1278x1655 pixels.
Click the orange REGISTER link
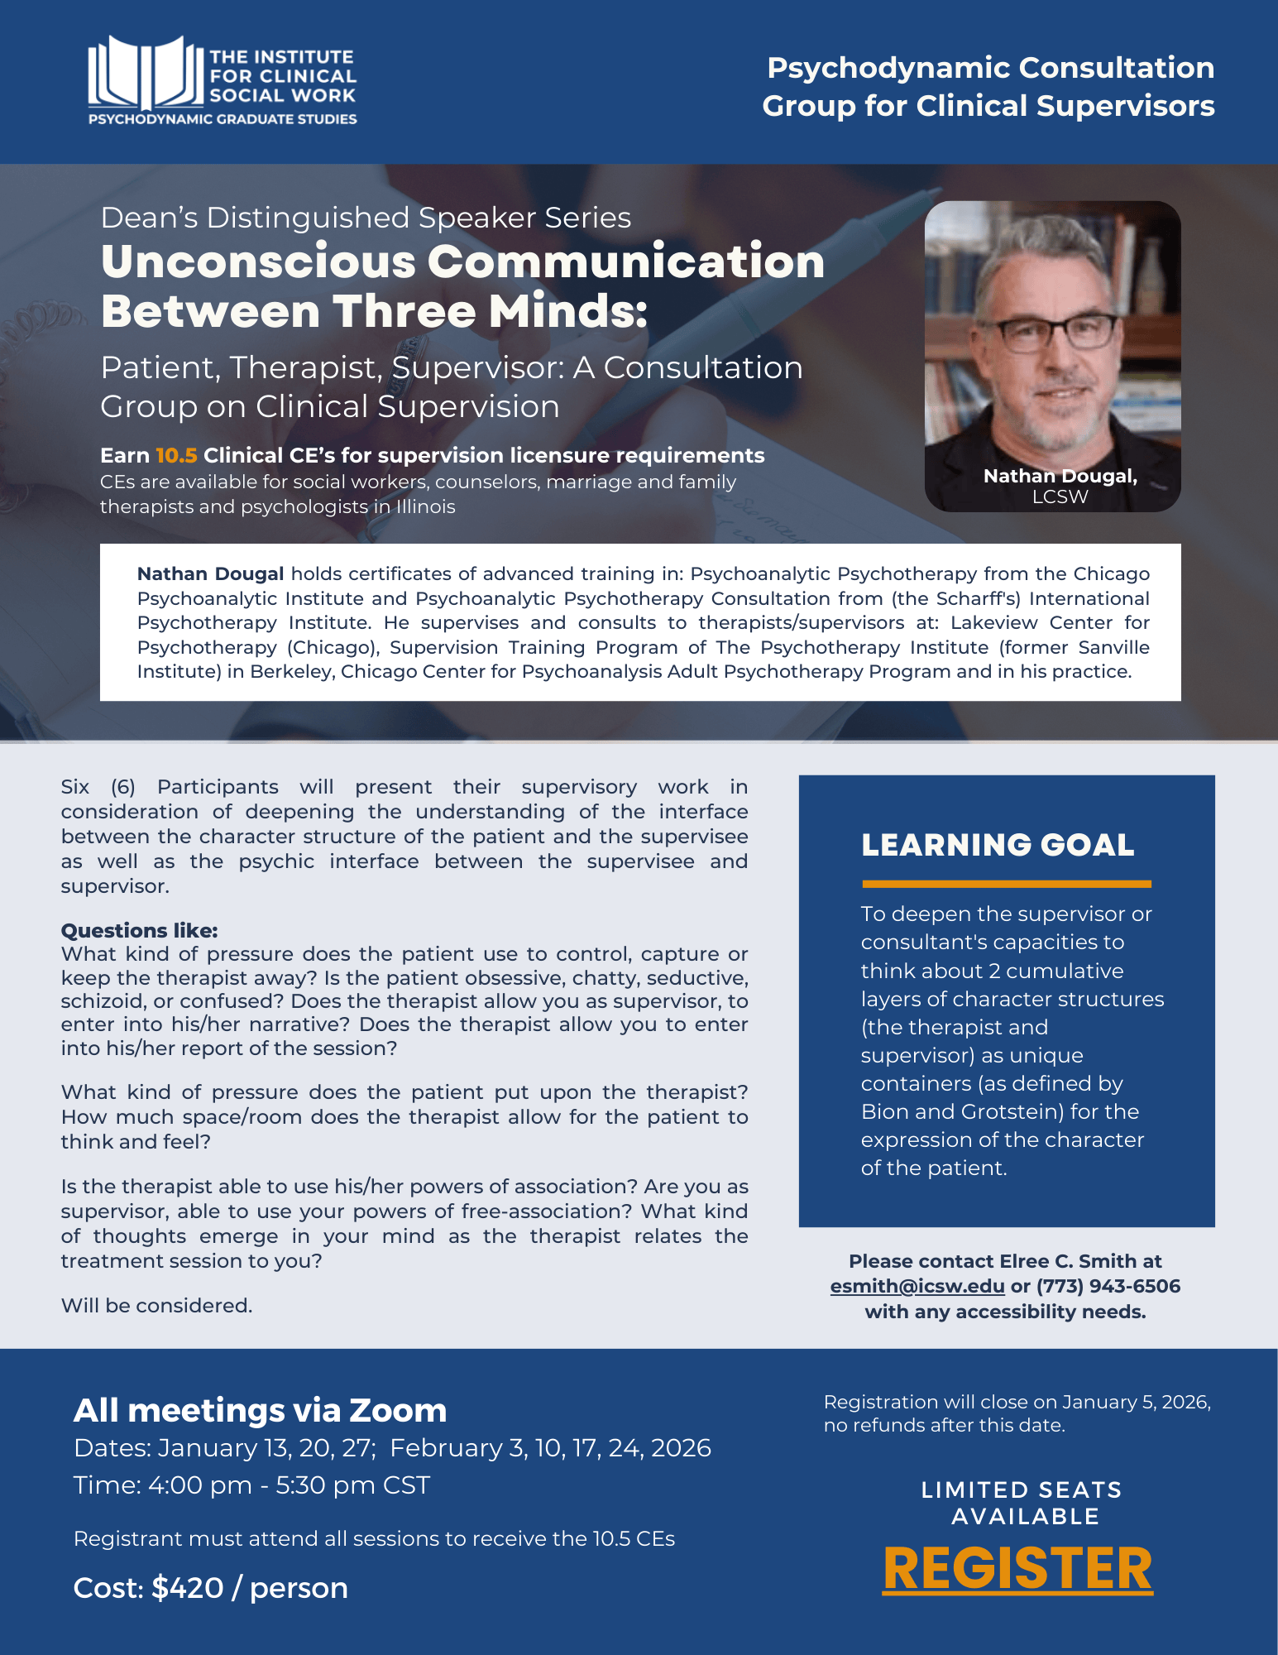[1017, 1568]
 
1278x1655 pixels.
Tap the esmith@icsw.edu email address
[917, 1286]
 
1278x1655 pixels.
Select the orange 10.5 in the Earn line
[176, 455]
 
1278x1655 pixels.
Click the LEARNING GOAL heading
[998, 845]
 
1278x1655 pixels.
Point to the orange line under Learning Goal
[1006, 884]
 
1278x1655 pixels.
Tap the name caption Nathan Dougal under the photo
[1059, 476]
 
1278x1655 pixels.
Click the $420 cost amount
[188, 1587]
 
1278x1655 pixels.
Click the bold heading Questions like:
[139, 930]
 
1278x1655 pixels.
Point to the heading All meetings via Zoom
[260, 1410]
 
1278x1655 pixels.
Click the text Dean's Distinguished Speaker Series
[366, 218]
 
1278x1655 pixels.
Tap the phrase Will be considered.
[156, 1305]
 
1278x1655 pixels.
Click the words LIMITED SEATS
[1021, 1489]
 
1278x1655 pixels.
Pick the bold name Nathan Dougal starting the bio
[210, 573]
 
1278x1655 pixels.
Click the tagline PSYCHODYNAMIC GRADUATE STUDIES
[223, 119]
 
